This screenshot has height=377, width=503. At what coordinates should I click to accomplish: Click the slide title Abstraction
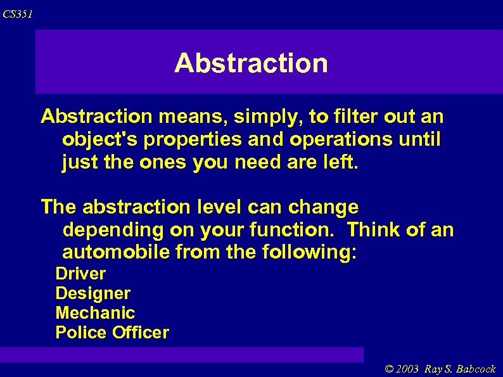click(x=251, y=63)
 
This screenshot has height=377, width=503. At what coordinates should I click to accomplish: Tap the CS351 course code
click(x=18, y=14)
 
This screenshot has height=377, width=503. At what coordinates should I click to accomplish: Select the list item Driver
click(x=80, y=274)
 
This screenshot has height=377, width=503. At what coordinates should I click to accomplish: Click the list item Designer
click(x=92, y=293)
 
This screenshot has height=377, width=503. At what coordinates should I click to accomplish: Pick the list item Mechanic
click(x=95, y=313)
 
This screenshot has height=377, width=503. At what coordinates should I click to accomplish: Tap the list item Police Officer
click(x=112, y=333)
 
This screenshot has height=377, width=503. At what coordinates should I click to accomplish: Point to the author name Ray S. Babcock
click(x=461, y=369)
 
